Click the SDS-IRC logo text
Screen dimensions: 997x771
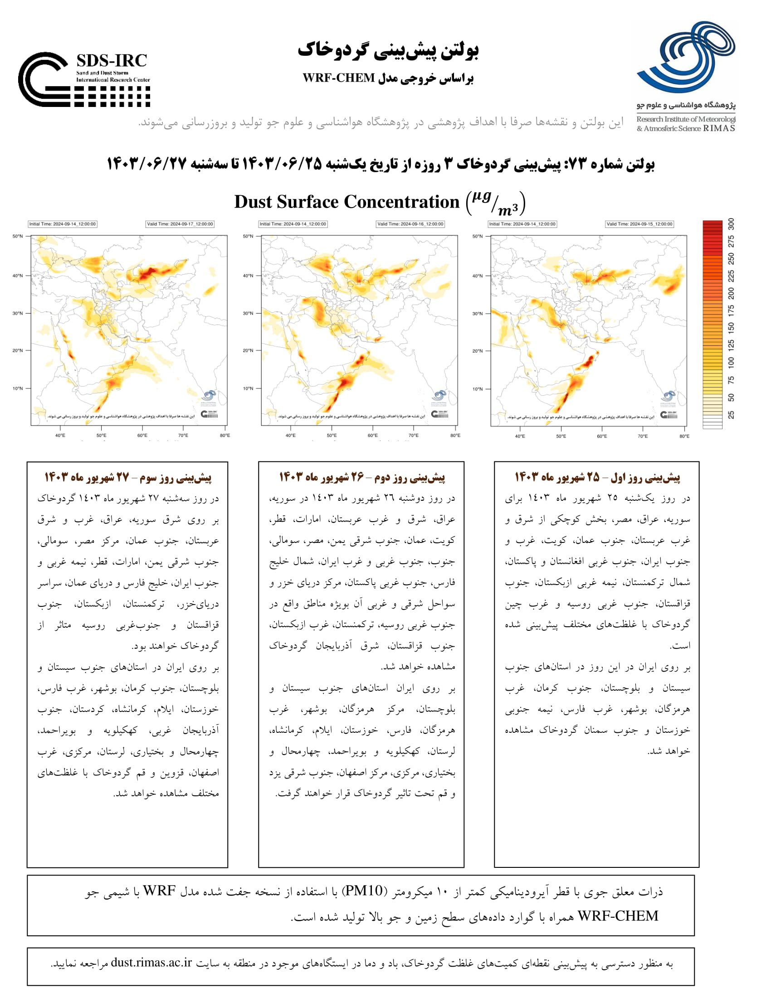pos(112,61)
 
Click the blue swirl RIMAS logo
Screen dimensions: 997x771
pos(686,57)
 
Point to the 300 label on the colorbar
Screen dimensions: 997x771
pos(731,224)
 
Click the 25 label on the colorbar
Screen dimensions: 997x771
pos(731,415)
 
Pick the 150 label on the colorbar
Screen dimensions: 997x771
pos(731,327)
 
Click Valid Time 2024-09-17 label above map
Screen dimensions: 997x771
pos(180,224)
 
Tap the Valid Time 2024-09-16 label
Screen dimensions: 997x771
pos(410,224)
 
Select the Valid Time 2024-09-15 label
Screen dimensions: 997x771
pos(639,224)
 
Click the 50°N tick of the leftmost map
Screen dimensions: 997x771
pos(17,237)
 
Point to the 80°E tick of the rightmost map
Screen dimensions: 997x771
pos(684,436)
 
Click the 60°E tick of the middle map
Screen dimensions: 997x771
pos(373,436)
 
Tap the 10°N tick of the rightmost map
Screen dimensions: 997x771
pos(477,389)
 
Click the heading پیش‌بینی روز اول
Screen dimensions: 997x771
pos(597,478)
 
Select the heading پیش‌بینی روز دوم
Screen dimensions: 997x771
pos(362,478)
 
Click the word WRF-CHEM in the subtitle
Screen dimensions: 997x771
pos(338,78)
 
